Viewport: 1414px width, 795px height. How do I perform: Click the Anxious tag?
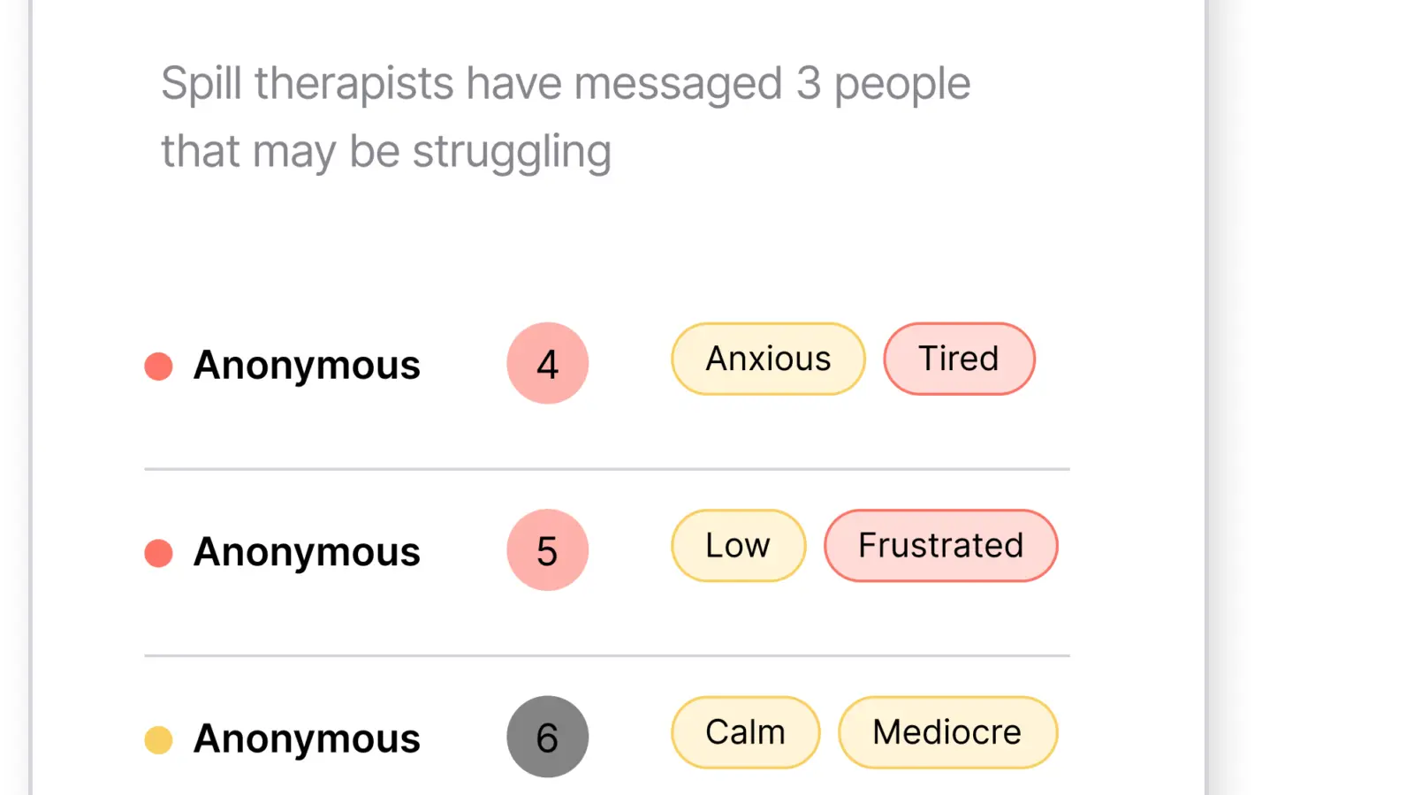(x=768, y=359)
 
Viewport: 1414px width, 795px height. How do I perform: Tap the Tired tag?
(x=959, y=359)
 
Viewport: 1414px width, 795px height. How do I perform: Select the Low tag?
(x=738, y=546)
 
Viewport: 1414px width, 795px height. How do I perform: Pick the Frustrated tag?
(x=940, y=546)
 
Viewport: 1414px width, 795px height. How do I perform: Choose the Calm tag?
(x=746, y=732)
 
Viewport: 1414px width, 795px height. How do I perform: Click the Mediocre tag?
(x=947, y=732)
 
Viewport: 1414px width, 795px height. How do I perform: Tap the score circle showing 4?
(x=547, y=363)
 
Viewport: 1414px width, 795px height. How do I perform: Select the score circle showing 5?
(x=547, y=549)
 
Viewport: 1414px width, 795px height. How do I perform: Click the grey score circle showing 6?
(x=547, y=737)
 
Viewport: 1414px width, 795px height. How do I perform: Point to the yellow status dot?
(x=158, y=740)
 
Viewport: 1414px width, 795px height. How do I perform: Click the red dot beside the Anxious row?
(x=158, y=366)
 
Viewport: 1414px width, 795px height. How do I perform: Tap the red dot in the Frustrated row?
(x=158, y=553)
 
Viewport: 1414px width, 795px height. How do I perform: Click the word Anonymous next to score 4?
(x=307, y=366)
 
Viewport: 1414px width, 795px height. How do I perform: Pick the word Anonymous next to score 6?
(x=307, y=739)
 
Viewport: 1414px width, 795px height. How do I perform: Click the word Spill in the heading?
(x=201, y=84)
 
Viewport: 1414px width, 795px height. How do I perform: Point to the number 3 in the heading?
(x=808, y=83)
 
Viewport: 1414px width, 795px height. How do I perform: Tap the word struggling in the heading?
(x=512, y=152)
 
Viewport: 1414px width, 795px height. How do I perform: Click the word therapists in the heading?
(x=354, y=84)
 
